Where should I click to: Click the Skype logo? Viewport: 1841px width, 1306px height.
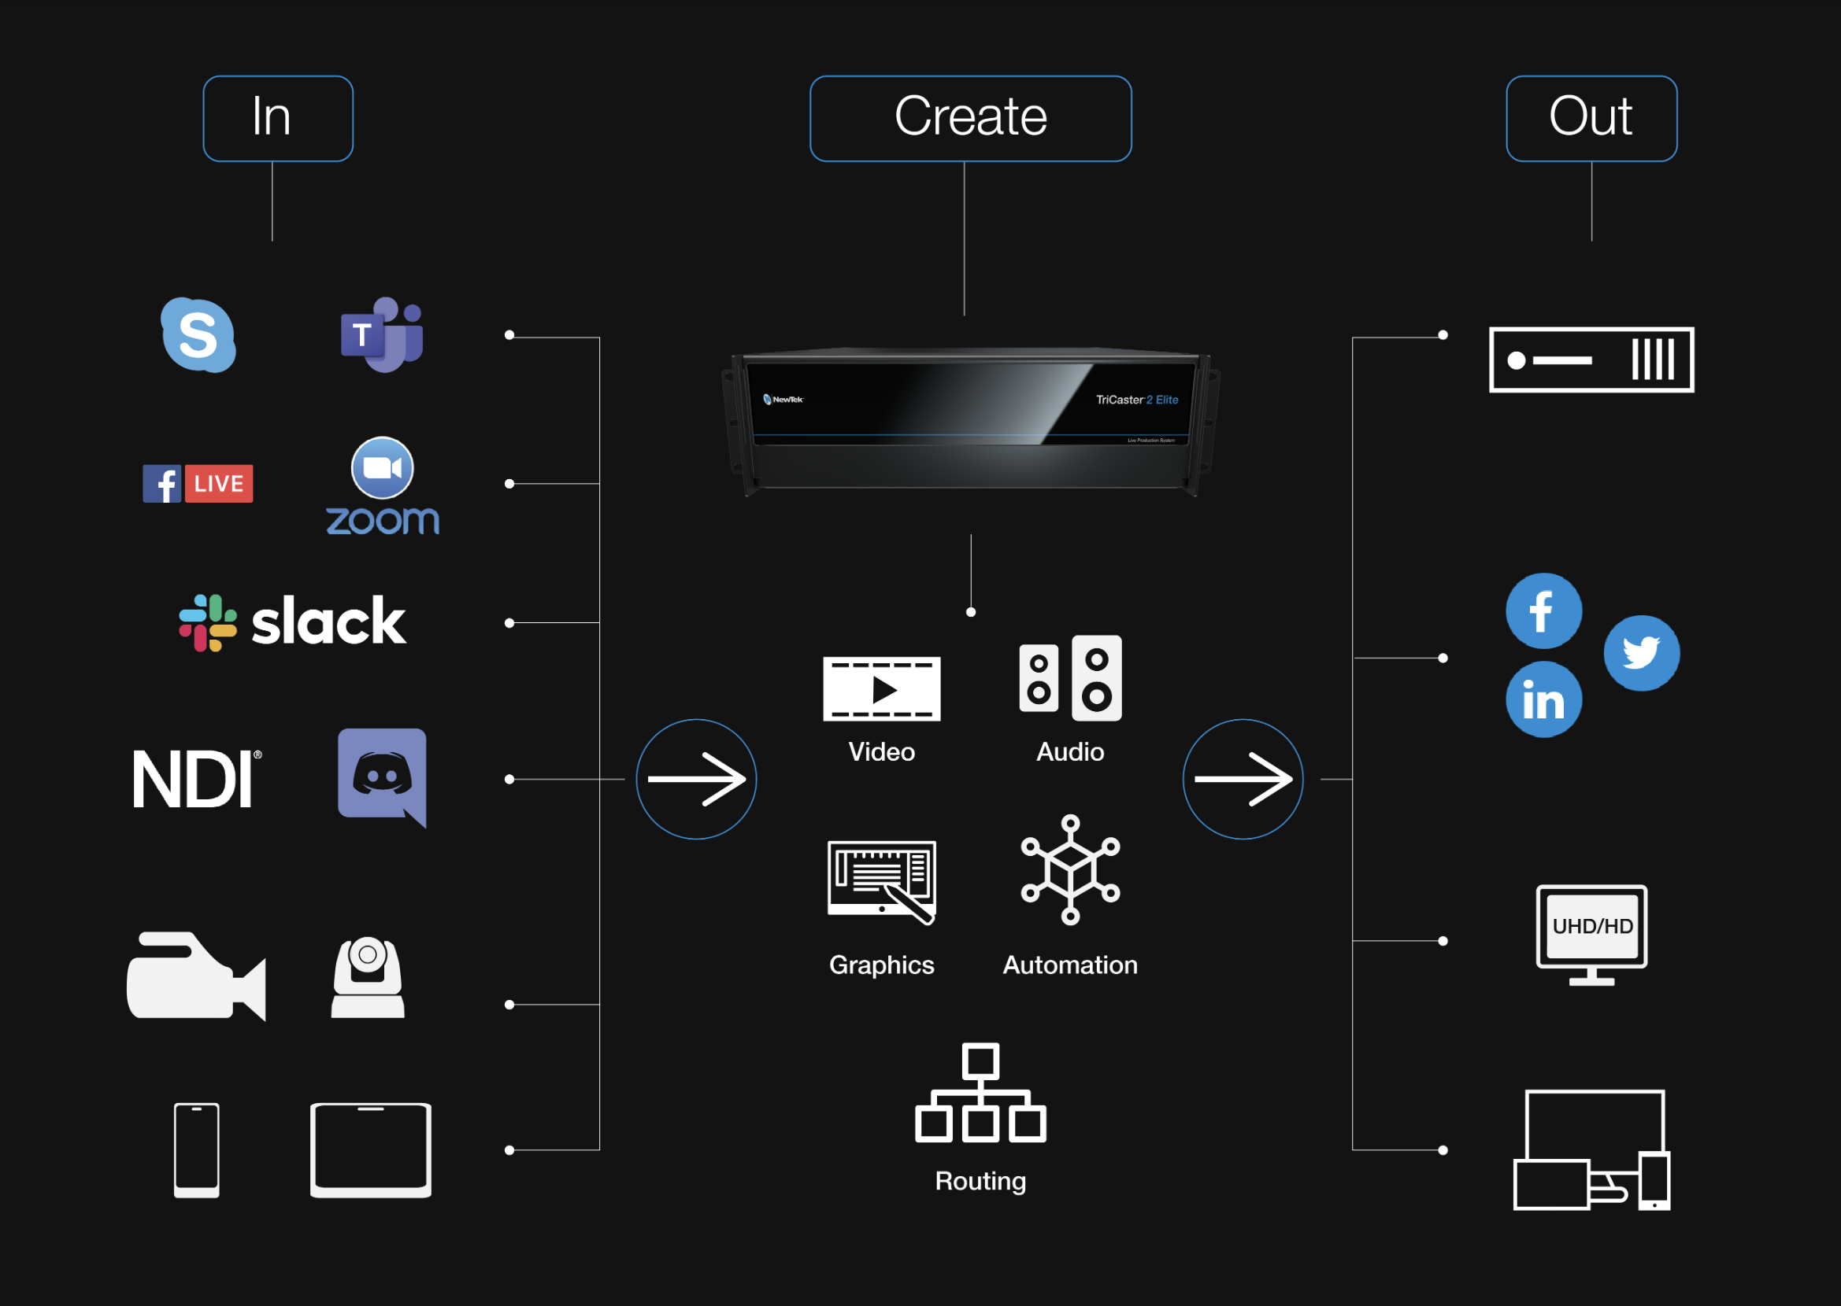click(198, 334)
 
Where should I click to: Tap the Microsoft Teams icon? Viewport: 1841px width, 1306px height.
click(381, 334)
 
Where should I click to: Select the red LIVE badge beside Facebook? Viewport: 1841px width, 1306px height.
click(219, 483)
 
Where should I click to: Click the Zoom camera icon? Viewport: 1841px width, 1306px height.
click(382, 467)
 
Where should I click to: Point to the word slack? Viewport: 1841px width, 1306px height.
click(328, 622)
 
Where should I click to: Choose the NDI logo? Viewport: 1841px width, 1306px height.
click(195, 779)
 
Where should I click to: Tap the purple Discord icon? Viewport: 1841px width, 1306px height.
click(382, 776)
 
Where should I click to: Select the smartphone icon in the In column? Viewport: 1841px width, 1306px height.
click(196, 1150)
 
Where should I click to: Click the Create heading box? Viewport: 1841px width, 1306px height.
click(970, 118)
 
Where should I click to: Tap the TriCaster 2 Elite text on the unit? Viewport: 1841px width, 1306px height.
click(1136, 400)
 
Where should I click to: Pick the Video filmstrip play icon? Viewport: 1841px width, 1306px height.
click(881, 689)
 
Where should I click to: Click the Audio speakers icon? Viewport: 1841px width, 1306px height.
click(1070, 678)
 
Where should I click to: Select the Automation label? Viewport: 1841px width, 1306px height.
click(1069, 965)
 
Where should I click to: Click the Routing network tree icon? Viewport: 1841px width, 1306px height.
click(980, 1093)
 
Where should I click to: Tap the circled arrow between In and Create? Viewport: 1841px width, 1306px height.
click(696, 779)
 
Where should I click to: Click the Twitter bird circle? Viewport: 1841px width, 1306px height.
click(1641, 653)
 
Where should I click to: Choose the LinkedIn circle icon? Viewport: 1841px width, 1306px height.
click(1543, 699)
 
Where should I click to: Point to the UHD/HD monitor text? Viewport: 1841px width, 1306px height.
click(1591, 927)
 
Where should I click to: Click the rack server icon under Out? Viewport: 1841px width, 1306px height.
click(1591, 360)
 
